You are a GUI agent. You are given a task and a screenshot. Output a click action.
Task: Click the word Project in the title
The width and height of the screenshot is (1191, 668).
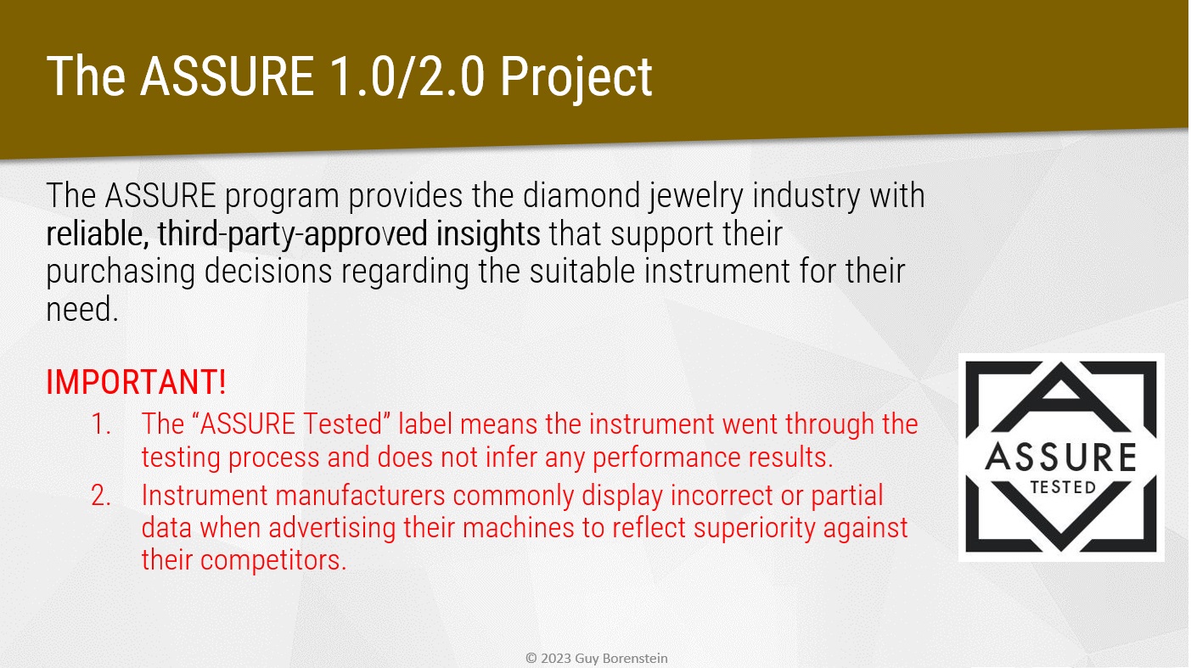point(576,77)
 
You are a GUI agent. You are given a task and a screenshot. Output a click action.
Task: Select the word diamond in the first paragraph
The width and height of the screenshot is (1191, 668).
point(581,195)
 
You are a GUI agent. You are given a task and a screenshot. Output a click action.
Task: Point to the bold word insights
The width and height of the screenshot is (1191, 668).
point(488,234)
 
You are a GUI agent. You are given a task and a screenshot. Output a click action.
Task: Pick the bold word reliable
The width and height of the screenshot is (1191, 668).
point(98,234)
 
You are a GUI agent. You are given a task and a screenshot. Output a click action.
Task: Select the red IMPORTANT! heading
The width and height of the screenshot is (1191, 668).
point(136,382)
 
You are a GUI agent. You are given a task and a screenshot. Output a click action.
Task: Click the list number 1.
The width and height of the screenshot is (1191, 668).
point(101,424)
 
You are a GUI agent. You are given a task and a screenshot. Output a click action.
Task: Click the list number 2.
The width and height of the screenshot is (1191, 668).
point(101,496)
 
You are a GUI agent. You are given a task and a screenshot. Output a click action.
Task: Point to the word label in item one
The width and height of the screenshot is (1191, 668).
point(424,424)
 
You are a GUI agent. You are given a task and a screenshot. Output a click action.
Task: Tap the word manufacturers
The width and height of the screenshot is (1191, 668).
point(360,496)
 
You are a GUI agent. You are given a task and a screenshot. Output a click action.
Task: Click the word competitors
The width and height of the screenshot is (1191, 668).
point(273,561)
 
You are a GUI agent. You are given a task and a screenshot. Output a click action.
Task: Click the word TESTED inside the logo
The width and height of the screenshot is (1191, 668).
point(1063,487)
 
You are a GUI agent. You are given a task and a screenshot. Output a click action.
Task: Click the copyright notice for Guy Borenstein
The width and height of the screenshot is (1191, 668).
point(596,658)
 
